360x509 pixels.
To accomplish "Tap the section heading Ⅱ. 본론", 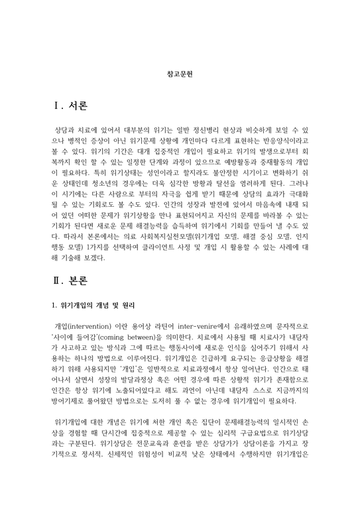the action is click(70, 280).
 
